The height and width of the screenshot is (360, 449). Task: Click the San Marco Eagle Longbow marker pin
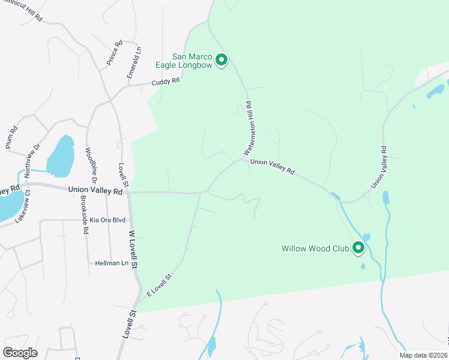221,60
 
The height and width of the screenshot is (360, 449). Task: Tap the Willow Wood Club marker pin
358,247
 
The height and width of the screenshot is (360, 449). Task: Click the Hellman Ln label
112,263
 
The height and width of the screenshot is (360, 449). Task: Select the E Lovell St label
159,285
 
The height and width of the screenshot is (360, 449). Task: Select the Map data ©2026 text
423,355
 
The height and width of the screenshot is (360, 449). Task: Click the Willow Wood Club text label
316,248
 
